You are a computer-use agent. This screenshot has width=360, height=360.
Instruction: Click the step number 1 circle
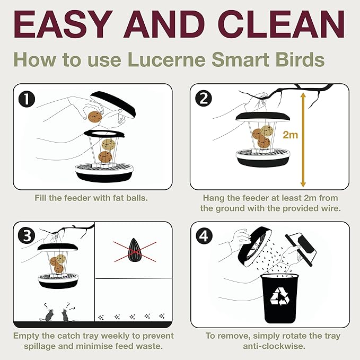click(x=25, y=98)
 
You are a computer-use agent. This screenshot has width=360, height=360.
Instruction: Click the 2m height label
click(x=290, y=135)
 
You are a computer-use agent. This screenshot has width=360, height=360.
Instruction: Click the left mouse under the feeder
click(x=48, y=315)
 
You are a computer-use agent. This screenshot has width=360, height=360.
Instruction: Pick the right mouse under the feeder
click(x=66, y=315)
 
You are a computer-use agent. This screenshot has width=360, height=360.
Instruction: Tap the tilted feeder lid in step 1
click(x=113, y=106)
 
